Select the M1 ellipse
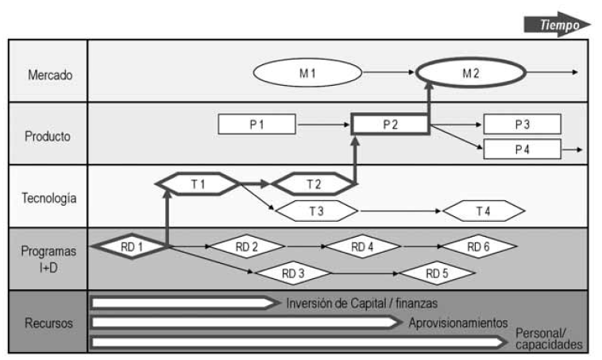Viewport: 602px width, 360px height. click(307, 73)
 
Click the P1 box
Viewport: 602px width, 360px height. click(257, 124)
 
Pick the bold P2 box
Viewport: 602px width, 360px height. click(390, 124)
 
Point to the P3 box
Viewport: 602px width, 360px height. click(522, 124)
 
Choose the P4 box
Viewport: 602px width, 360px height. click(522, 149)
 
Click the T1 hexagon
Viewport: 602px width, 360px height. click(198, 184)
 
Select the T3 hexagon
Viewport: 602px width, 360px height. click(316, 211)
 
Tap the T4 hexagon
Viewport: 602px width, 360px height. click(483, 211)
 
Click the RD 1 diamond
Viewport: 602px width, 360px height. click(132, 246)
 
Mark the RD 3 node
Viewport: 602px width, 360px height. click(294, 273)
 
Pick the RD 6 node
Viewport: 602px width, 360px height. click(478, 246)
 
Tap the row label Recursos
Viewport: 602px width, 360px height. click(49, 323)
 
